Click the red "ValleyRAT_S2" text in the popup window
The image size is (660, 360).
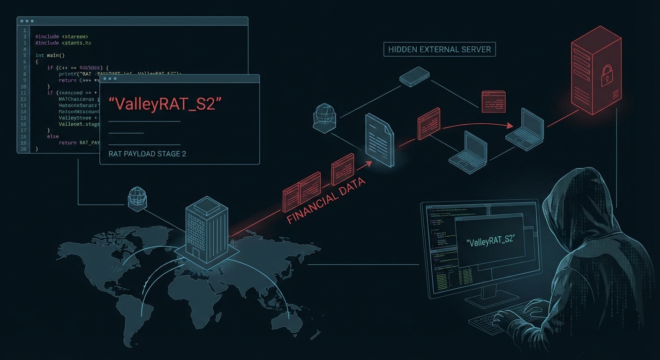(x=162, y=104)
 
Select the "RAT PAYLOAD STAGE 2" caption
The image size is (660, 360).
(x=147, y=154)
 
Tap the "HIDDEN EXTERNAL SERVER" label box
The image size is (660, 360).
(x=439, y=49)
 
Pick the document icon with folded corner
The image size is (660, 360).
(x=378, y=140)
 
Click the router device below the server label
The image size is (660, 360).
(x=414, y=76)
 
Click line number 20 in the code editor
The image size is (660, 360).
(x=23, y=149)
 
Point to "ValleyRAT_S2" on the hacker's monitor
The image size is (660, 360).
(x=490, y=240)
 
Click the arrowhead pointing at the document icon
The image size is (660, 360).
(x=369, y=164)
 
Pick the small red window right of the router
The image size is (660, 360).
(x=493, y=101)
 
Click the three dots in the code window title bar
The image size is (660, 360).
(x=27, y=21)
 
